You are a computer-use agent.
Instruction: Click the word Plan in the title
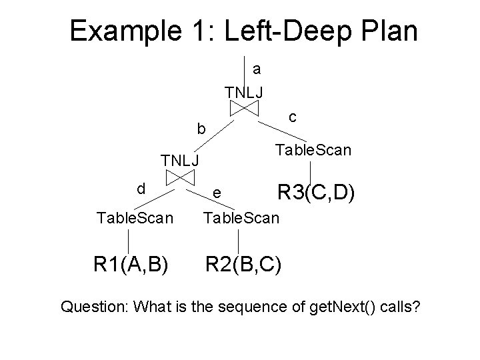(x=388, y=31)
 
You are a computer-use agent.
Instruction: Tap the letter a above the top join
(x=257, y=69)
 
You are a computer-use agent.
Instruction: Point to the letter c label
(x=293, y=116)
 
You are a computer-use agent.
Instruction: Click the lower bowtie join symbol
(x=180, y=177)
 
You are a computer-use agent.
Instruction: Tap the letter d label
(x=141, y=189)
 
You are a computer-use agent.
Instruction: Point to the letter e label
(x=216, y=194)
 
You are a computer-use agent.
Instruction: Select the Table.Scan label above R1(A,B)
(x=135, y=217)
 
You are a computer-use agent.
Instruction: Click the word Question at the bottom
(x=93, y=307)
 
